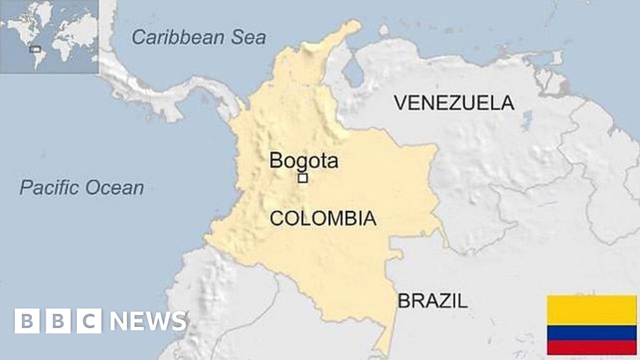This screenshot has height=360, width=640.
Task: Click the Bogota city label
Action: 304,161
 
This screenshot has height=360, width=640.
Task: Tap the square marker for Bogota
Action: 303,178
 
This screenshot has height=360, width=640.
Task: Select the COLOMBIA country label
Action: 322,218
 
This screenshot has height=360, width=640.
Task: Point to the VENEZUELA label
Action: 454,102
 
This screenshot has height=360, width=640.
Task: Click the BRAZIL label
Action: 432,301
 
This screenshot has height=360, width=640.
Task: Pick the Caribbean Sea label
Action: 199,37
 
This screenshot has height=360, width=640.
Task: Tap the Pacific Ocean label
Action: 81,187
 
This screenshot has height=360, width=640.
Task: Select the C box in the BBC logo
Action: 89,321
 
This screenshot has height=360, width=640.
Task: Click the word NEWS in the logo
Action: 148,321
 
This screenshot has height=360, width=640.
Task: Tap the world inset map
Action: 49,36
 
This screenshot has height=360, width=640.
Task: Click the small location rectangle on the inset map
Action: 36,49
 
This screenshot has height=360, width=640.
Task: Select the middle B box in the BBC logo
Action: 58,321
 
